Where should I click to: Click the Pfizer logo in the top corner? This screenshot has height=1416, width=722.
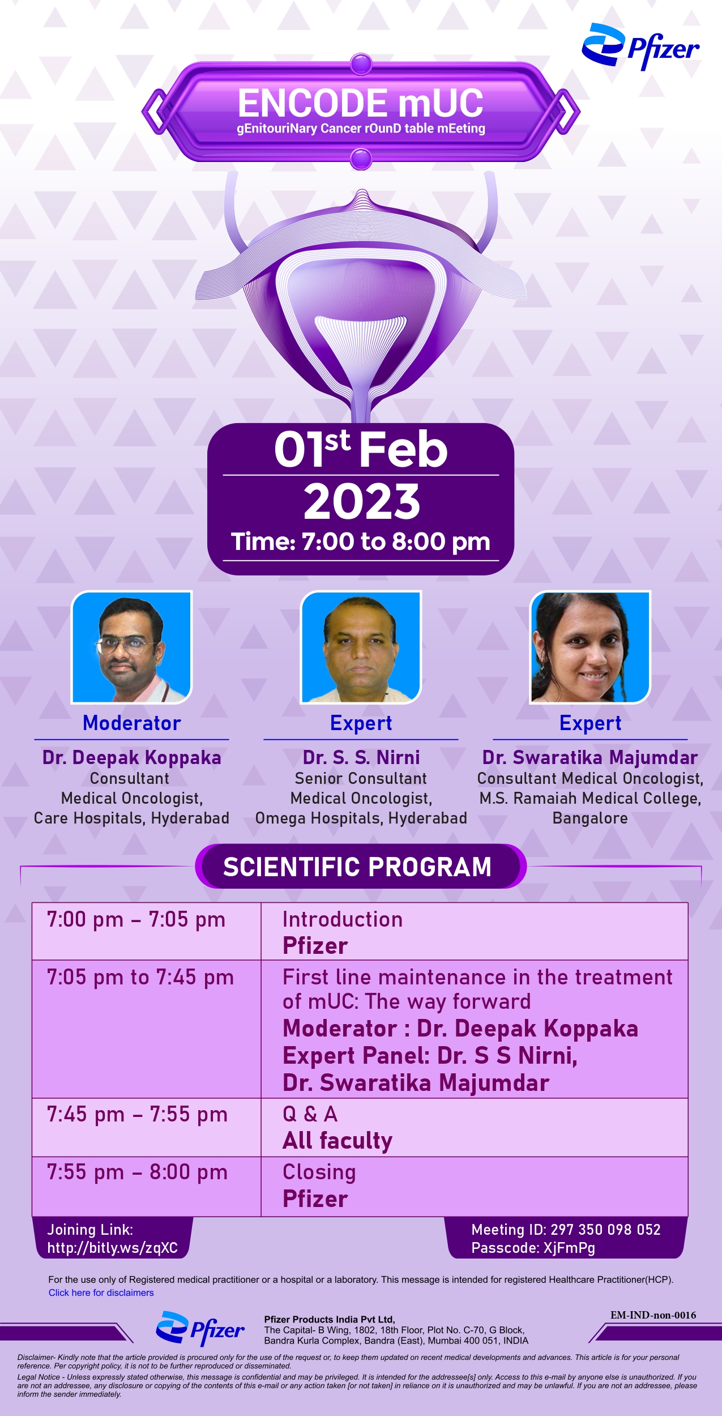coord(640,46)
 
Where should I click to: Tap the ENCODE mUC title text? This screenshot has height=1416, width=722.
coord(361,103)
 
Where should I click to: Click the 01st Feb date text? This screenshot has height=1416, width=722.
coord(361,449)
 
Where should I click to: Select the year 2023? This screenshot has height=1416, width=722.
coord(362,501)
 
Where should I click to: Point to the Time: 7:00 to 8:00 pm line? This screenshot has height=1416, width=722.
coord(361,541)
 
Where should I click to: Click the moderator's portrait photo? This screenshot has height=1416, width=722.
coord(131,647)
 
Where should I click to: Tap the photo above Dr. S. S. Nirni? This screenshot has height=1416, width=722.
coord(361,647)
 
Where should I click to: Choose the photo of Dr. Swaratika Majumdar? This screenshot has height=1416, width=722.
coord(590,647)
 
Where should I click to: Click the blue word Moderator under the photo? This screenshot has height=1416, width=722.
coord(131,723)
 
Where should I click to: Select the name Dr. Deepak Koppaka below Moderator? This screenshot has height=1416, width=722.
coord(131,758)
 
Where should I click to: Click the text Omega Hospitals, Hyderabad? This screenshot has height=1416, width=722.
coord(361,818)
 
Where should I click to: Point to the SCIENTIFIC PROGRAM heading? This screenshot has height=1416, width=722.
coord(357,867)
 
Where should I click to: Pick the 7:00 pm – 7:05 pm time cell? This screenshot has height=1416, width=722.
coord(136,920)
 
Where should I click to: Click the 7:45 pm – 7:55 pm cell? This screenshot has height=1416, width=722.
coord(137,1115)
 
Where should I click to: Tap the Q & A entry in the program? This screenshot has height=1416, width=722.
coord(310,1114)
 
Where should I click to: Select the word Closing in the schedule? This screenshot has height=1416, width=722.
coord(319,1172)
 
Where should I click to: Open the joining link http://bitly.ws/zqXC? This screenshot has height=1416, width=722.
coord(112,1248)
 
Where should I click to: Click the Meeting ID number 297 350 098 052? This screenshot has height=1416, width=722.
coord(605,1230)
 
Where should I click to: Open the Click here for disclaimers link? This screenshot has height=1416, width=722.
coord(101,1293)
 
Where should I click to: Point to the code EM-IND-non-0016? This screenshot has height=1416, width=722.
coord(653,1315)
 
